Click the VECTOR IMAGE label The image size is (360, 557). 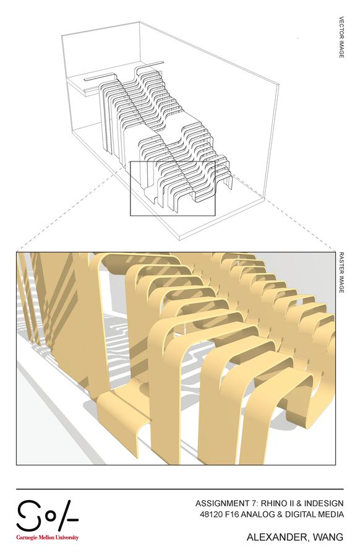[341, 37]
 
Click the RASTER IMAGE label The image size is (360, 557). [341, 273]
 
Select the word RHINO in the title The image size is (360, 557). [274, 503]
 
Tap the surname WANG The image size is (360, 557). [328, 537]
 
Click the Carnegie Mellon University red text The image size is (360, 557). [47, 537]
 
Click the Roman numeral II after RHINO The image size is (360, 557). [291, 503]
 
